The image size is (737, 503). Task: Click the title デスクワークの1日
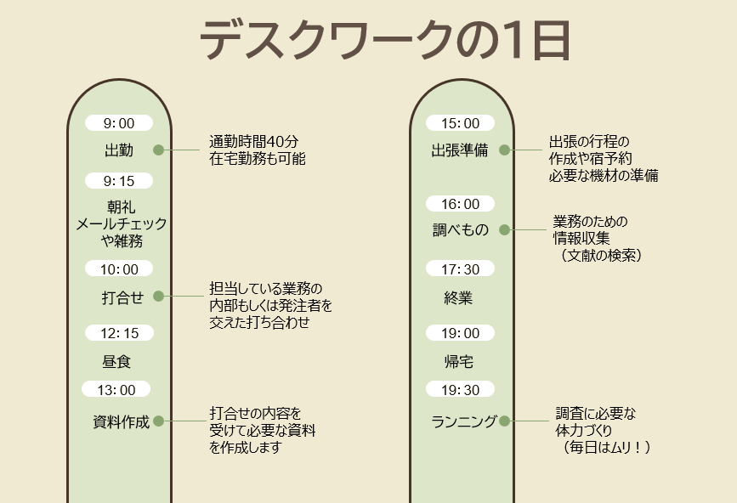[x=385, y=41]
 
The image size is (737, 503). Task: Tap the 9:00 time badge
[x=119, y=123]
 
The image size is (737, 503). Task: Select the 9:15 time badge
[x=119, y=181]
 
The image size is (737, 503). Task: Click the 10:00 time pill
[x=119, y=268]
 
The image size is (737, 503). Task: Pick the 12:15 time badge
[x=119, y=333]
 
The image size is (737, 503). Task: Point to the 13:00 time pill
[x=116, y=389]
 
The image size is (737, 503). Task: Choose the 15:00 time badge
[x=460, y=123]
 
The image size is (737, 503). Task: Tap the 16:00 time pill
[x=460, y=204]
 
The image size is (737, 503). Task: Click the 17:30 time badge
[x=460, y=268]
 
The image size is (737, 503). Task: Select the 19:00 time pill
[x=460, y=333]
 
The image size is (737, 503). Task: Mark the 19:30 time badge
[x=460, y=389]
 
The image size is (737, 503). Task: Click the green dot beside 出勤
[x=158, y=150]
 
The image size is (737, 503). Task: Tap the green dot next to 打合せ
[x=158, y=296]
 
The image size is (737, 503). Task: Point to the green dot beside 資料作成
[x=158, y=421]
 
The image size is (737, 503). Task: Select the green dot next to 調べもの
[x=504, y=229]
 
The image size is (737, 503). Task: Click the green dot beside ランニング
[x=504, y=421]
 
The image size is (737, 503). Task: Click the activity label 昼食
[x=116, y=362]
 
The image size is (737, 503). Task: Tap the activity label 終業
[x=458, y=297]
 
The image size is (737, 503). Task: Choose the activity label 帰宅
[x=459, y=362]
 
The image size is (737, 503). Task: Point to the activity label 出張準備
[x=460, y=150]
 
